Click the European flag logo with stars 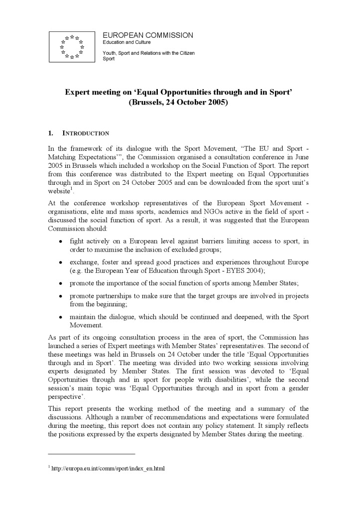(72, 46)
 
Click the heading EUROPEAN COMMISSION (147, 35)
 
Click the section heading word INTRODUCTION (86, 133)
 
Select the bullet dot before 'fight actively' (60, 242)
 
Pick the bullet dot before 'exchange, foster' (60, 262)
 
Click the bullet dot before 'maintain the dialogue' (60, 317)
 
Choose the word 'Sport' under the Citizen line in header (108, 59)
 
